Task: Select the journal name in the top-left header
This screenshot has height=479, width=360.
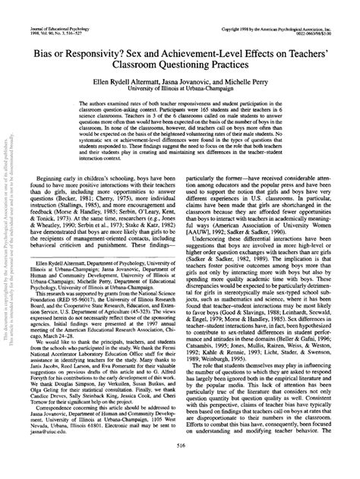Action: (x=47, y=6)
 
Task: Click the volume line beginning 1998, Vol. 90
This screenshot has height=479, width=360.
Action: (x=41, y=11)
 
